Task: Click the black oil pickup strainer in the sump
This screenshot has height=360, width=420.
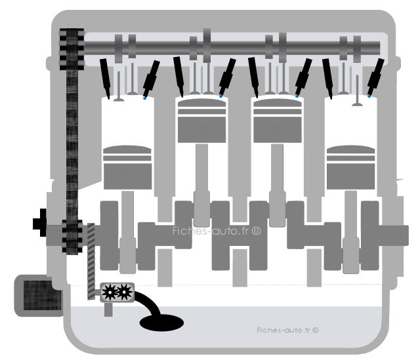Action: pos(161,323)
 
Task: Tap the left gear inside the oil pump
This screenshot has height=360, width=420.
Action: pos(110,292)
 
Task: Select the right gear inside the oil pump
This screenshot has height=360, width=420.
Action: pos(124,292)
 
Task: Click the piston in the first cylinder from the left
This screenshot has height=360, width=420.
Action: pos(127,167)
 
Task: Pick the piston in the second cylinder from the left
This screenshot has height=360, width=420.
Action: pos(202,121)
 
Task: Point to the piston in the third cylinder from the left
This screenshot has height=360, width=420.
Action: pos(278,121)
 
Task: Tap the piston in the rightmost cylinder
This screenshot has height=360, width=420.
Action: pos(350,167)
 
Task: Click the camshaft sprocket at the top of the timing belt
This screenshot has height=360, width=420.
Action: pos(72,49)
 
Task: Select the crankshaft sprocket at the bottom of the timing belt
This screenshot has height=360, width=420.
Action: pos(72,236)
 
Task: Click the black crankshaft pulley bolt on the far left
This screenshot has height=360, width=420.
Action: pos(40,223)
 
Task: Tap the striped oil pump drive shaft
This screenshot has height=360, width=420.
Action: pos(91,261)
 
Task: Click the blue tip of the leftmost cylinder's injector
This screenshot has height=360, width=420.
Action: pos(144,98)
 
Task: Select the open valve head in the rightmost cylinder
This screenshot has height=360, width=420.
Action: pos(357,104)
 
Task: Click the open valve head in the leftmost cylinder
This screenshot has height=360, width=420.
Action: pos(119,100)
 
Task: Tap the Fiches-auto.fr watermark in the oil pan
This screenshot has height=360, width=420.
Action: pos(287,330)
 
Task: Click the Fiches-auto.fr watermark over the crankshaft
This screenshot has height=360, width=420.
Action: pos(217,231)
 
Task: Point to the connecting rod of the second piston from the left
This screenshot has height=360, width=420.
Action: pos(201,186)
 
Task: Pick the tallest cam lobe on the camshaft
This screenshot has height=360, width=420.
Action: pos(207,45)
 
